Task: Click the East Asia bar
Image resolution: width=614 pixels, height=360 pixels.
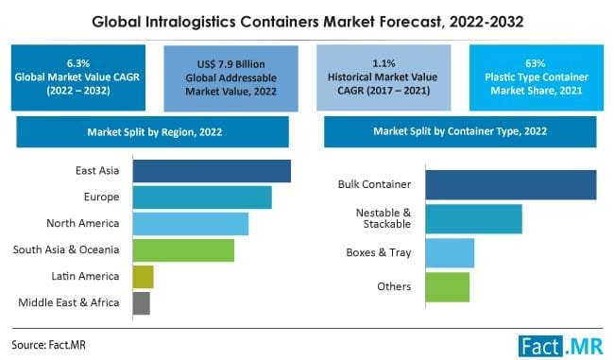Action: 212,170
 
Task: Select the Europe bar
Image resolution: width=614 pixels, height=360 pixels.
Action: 202,197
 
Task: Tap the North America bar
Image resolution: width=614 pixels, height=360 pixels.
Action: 190,223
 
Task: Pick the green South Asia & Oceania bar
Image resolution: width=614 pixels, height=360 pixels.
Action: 183,249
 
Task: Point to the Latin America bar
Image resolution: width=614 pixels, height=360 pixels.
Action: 144,276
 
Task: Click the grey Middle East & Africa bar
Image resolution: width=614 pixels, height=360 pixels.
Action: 142,302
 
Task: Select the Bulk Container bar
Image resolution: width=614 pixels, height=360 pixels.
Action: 511,184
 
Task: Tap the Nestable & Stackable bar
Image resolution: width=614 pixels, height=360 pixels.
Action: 473,218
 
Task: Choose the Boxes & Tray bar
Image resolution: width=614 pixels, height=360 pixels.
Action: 450,252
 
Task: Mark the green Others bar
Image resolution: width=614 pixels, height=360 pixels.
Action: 447,286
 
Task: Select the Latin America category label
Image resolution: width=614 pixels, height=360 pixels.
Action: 85,276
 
